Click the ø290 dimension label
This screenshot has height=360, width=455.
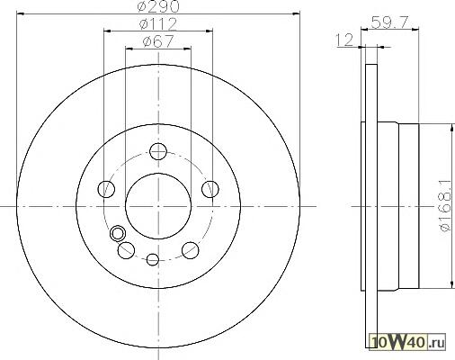pos(158,6)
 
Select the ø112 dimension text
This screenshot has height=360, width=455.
pos(158,24)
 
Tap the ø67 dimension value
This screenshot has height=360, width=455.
pos(158,41)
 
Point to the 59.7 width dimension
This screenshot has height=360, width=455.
pos(389,22)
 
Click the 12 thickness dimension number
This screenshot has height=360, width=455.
pos(344,40)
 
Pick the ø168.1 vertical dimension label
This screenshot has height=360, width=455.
pos(445,206)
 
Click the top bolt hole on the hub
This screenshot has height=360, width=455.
pos(158,151)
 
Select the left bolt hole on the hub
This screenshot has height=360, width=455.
pos(106,189)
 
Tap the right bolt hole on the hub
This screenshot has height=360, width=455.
pos(210,189)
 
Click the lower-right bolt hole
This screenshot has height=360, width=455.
pos(191,250)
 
